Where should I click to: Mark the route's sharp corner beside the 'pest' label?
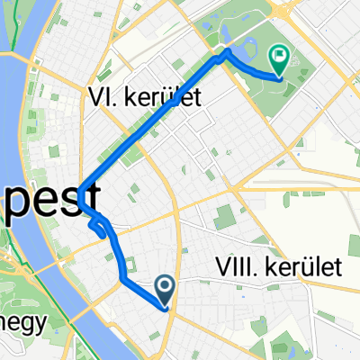click(80, 193)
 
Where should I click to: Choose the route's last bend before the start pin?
click(122, 280)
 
